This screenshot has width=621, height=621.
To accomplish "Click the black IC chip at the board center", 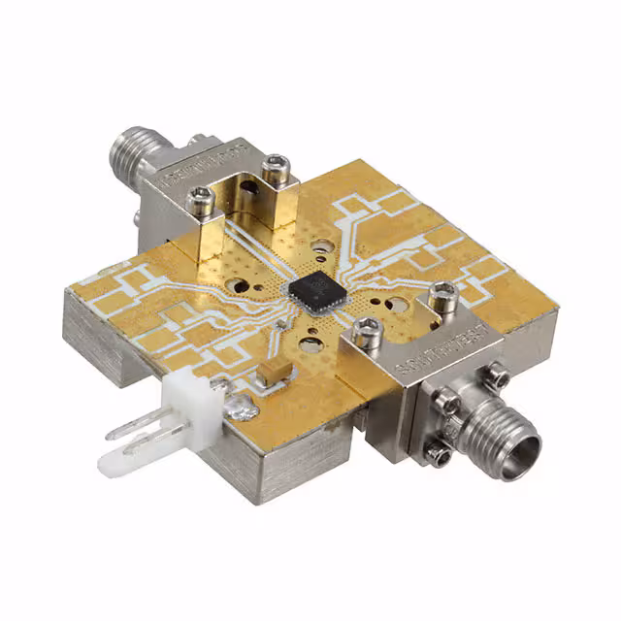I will [310, 287].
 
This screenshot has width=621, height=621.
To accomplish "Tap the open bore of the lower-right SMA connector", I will [525, 449].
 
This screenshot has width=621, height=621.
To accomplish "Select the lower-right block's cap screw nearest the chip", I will [366, 335].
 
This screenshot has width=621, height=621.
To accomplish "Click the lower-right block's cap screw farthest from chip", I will [442, 291].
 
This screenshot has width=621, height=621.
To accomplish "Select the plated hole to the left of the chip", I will [238, 287].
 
